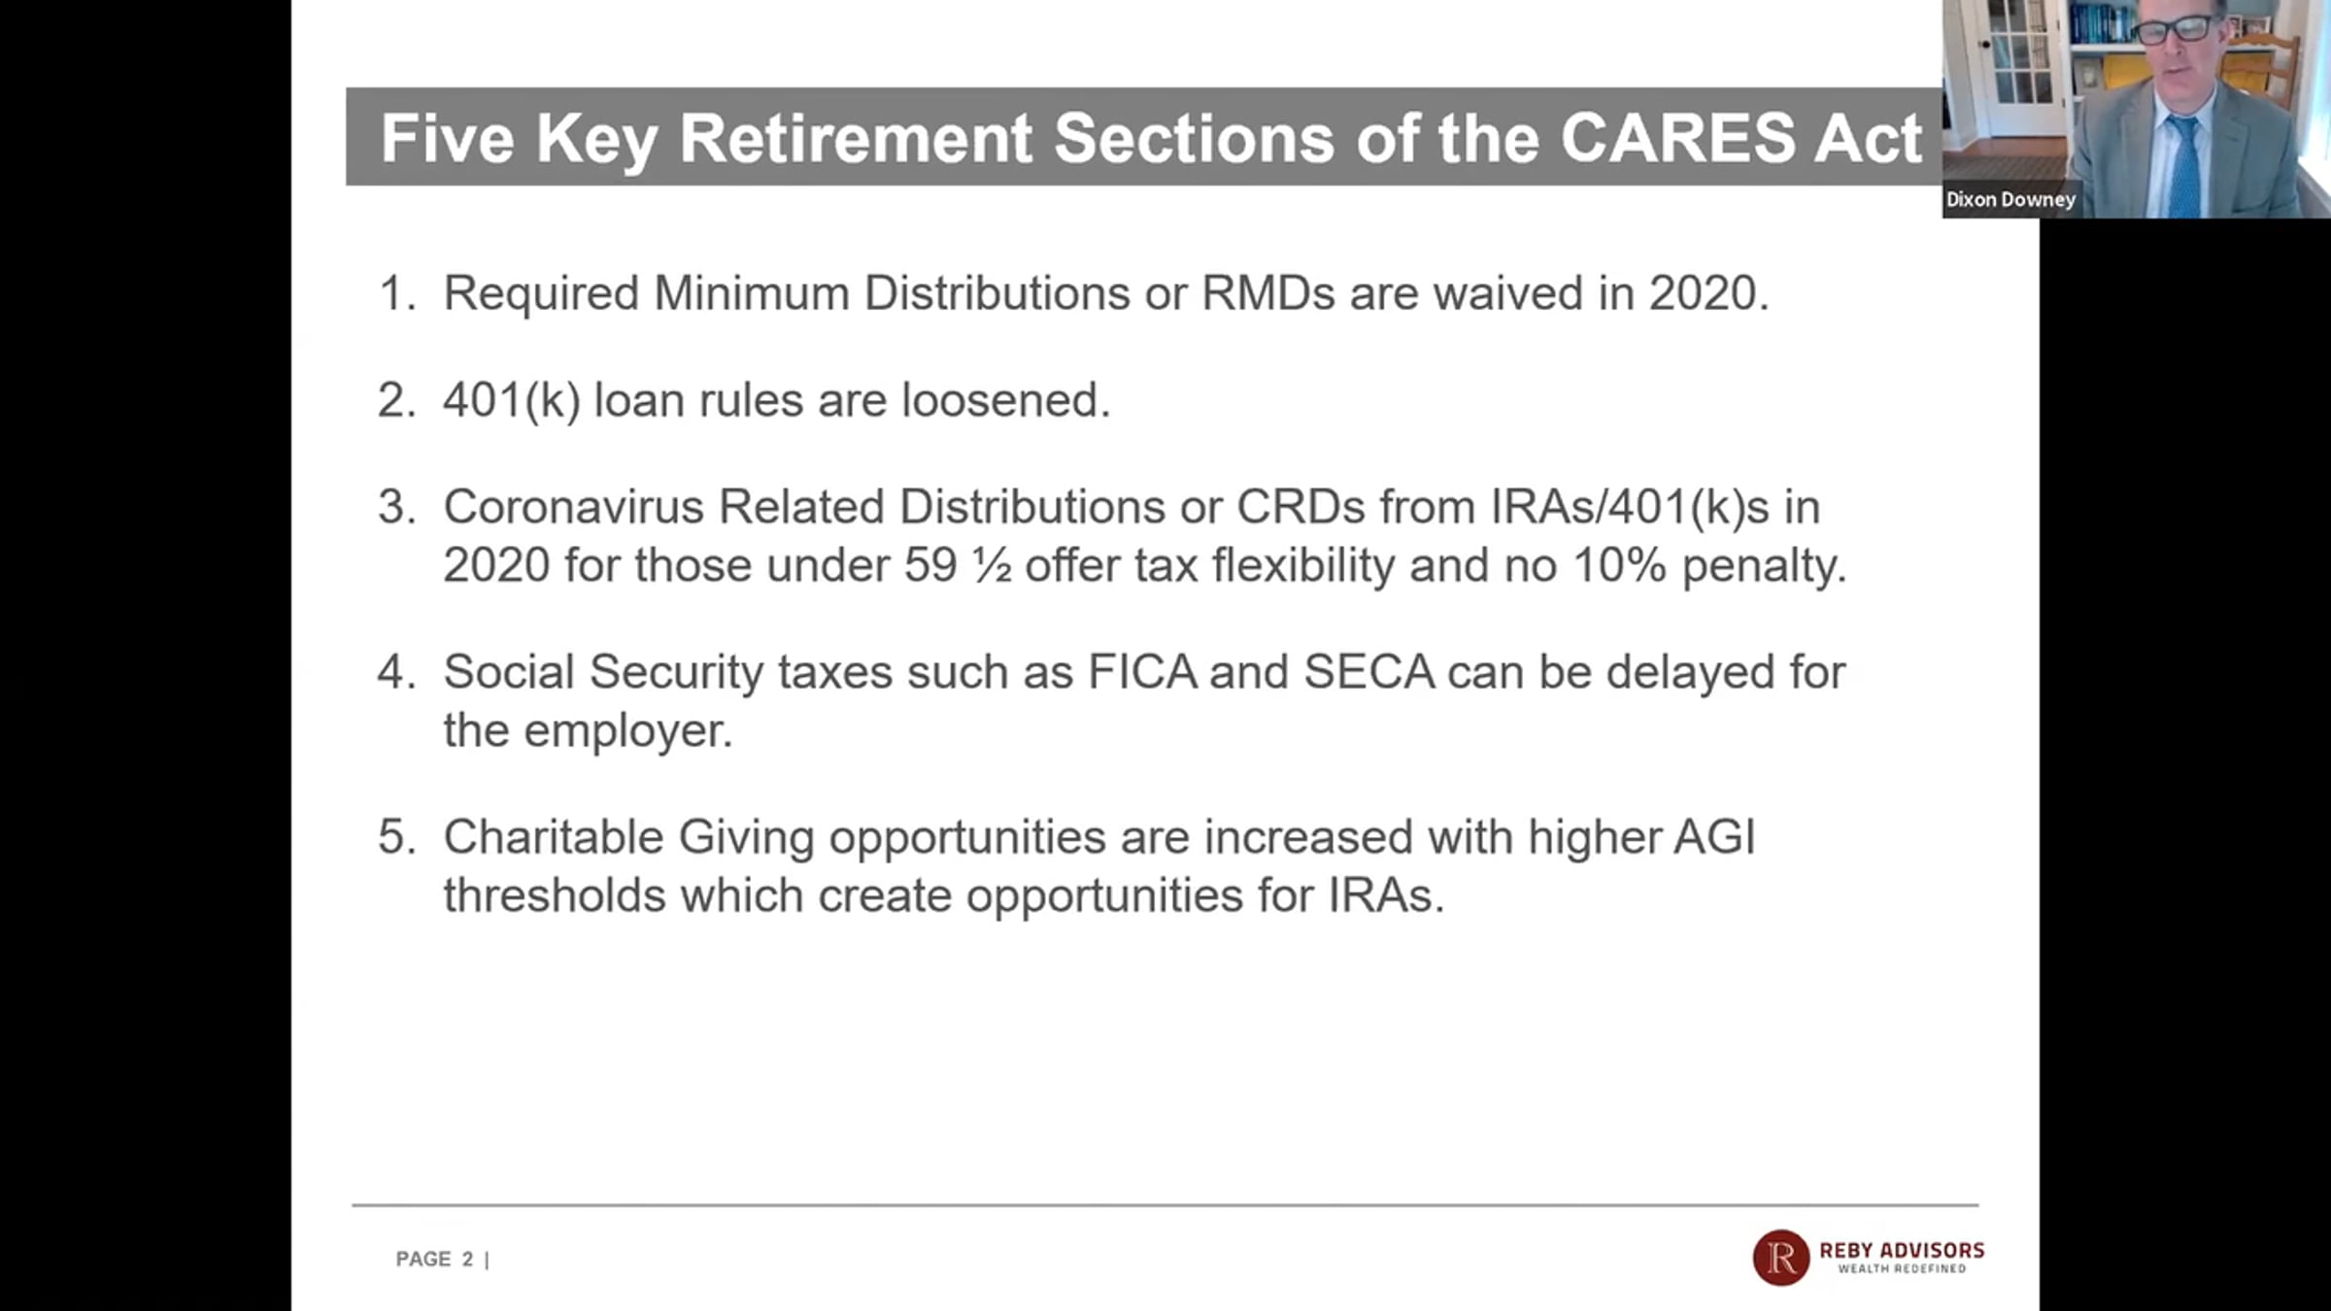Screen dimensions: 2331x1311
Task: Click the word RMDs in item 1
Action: (x=1268, y=293)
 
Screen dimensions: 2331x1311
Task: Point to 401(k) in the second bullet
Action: (x=512, y=401)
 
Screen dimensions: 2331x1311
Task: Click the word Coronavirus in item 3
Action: (x=573, y=507)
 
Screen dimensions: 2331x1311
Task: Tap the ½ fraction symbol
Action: (x=992, y=566)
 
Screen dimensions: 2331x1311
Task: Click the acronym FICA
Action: (x=1142, y=672)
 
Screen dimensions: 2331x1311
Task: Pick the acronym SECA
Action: (x=1368, y=672)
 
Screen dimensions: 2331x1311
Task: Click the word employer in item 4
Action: (x=627, y=732)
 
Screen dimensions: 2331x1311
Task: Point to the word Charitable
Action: (x=554, y=837)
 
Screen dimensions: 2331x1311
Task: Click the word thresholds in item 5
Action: (x=555, y=895)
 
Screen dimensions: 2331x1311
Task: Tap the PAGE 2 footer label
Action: (x=435, y=1260)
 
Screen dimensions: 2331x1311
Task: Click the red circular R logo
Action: (x=1780, y=1258)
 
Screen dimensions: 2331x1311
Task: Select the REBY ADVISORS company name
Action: (x=1902, y=1251)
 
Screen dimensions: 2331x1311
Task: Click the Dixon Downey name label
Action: (x=2010, y=199)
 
